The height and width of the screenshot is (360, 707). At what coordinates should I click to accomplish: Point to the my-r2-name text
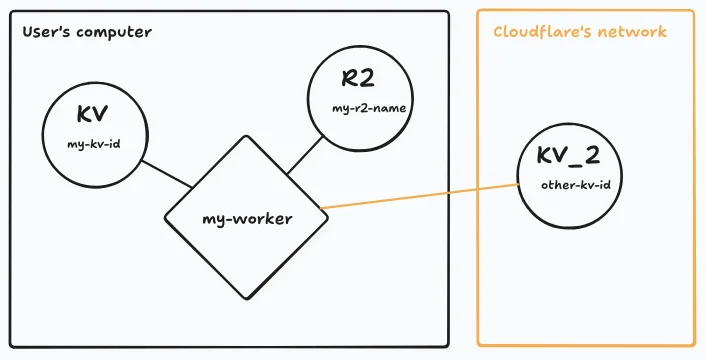point(369,108)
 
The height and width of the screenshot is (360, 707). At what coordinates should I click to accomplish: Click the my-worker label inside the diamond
point(247,218)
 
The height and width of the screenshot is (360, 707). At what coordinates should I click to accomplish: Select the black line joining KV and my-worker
point(166,174)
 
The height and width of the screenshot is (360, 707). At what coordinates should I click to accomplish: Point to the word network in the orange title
point(632,32)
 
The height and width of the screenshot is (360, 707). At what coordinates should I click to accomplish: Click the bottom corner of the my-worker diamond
point(239,297)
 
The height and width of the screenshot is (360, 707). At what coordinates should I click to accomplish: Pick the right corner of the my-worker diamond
point(325,208)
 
